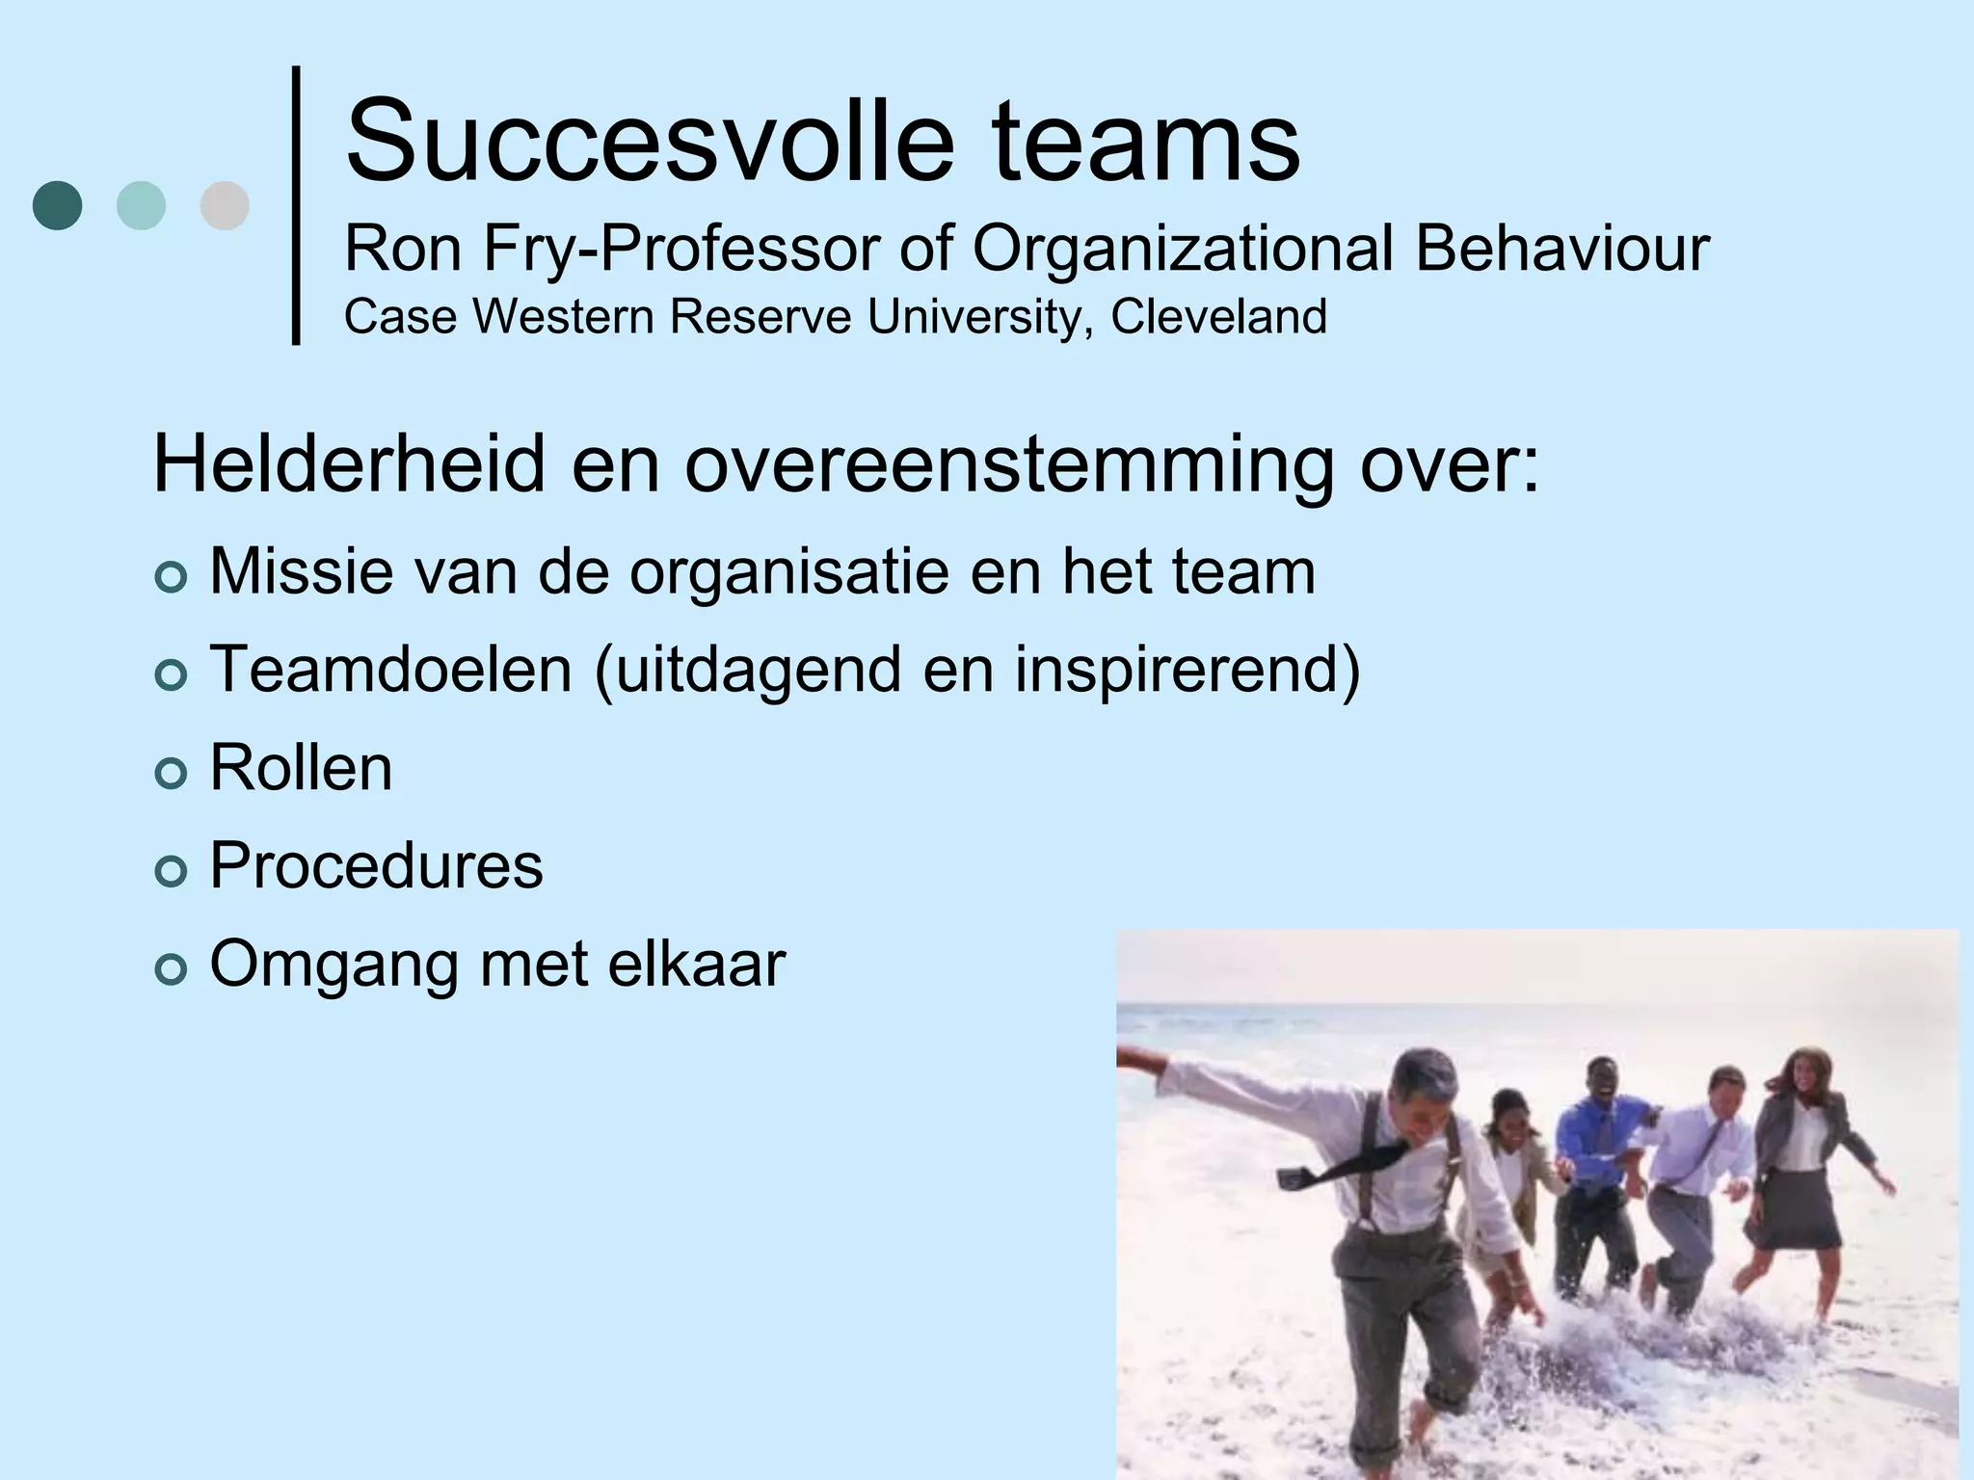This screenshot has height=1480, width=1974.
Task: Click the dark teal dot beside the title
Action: click(57, 205)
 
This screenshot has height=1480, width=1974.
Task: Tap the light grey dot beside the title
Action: click(225, 205)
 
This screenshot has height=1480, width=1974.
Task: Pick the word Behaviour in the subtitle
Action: click(1561, 249)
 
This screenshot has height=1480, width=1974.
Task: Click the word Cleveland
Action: click(1218, 317)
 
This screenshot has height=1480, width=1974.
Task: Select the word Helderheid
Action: click(349, 464)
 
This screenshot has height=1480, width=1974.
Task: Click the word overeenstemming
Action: click(1008, 466)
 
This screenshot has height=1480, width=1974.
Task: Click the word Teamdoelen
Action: click(391, 670)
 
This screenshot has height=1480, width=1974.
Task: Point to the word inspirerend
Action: click(1185, 670)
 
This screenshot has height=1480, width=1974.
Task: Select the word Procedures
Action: click(377, 865)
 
